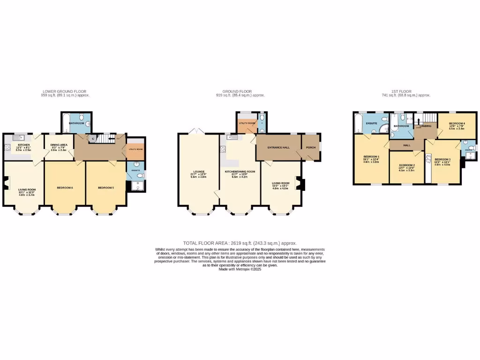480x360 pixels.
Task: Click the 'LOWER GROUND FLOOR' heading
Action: [x=64, y=91]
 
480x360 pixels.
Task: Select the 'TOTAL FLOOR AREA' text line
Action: [x=240, y=243]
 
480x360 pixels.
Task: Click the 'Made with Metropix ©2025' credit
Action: [x=240, y=270]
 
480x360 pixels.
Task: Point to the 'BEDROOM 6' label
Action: [x=65, y=187]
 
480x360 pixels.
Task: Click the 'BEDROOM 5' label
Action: [x=105, y=187]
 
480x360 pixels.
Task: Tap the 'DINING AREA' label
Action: [x=59, y=145]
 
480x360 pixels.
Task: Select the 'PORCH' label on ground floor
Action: [x=311, y=148]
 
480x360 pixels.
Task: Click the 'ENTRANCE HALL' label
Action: [x=278, y=148]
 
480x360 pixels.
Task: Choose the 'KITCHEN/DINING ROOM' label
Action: [x=240, y=172]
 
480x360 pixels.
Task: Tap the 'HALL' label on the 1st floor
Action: [x=406, y=145]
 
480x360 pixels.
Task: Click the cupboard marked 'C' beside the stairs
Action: [x=92, y=138]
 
